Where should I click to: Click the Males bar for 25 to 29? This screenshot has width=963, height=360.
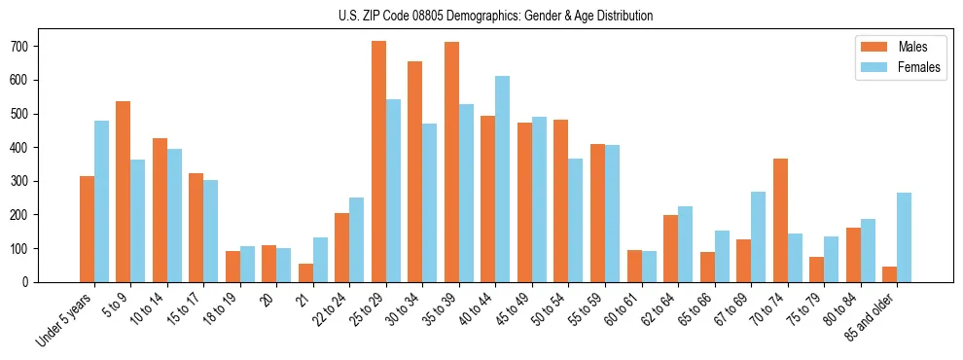point(378,162)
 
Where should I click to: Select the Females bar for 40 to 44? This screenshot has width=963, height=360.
point(502,179)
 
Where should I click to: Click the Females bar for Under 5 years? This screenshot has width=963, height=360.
point(101,201)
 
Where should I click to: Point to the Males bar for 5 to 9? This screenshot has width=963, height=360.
point(124,192)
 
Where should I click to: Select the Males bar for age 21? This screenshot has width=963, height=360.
point(305,272)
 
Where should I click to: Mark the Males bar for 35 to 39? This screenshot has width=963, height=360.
point(451,162)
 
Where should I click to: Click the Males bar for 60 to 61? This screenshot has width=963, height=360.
point(634,266)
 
